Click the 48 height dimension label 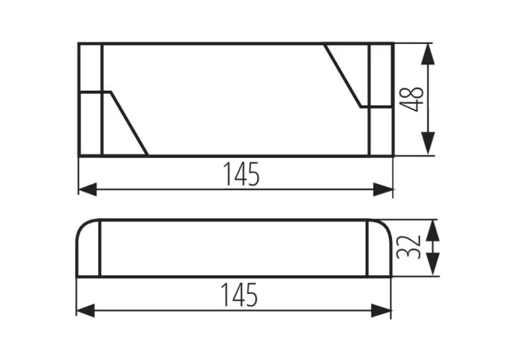(413, 99)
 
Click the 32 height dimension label (409, 247)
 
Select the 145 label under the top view (241, 174)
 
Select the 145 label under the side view (239, 295)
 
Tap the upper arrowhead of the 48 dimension (428, 54)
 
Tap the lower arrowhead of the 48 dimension (428, 143)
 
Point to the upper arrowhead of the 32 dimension (432, 231)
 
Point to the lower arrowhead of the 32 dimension (432, 265)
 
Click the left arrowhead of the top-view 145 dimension (88, 189)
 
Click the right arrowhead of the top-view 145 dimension (383, 189)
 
